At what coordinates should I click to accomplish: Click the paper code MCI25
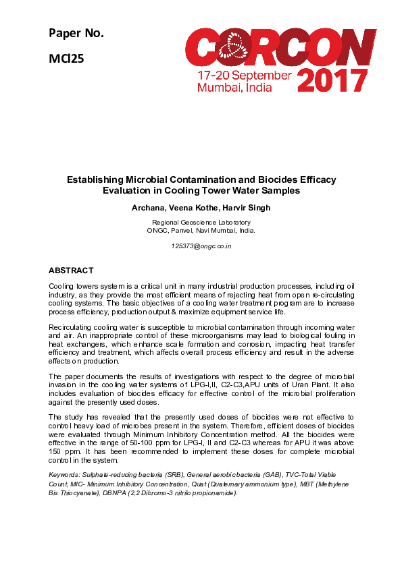coord(66,58)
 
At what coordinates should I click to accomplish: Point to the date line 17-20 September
coord(244,75)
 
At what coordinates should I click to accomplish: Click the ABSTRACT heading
coord(71,271)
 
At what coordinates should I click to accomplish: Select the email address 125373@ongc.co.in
coord(201,246)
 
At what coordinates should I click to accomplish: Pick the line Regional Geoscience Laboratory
coord(201,222)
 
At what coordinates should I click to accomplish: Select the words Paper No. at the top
coord(76,33)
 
